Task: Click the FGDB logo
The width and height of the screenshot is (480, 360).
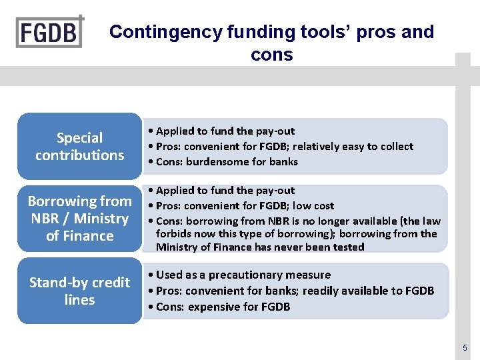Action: coord(50,31)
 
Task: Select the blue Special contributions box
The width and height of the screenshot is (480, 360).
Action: coord(79,147)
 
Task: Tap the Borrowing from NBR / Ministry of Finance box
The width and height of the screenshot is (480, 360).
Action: coord(79,219)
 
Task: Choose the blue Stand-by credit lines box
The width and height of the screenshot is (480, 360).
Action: coord(79,291)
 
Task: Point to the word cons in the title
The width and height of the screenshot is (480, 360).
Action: coord(271,55)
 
